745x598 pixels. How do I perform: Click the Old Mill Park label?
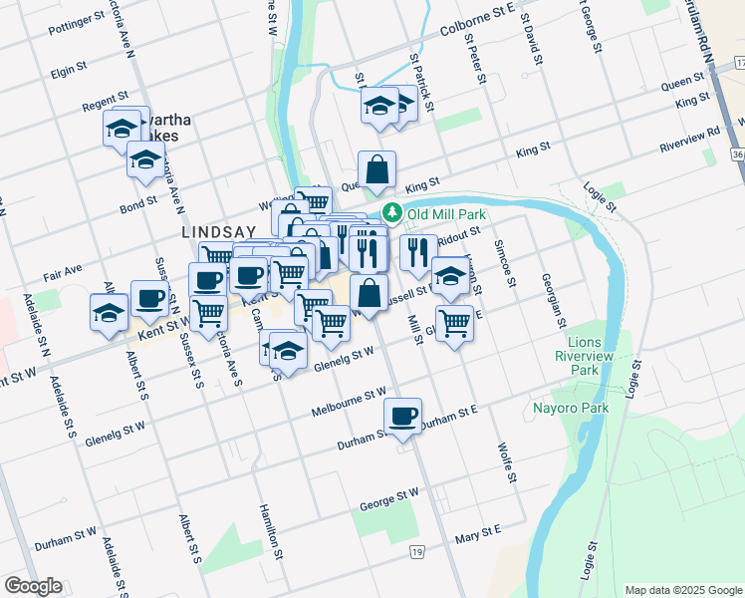(x=438, y=212)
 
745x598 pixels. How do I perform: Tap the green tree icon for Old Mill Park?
(x=392, y=212)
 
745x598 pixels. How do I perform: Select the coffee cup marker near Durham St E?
(x=402, y=416)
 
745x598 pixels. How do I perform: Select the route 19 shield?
(x=416, y=551)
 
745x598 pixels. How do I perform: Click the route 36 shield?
(x=736, y=155)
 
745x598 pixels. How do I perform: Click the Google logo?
(x=33, y=586)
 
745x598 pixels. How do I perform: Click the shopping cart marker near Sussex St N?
(x=208, y=314)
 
